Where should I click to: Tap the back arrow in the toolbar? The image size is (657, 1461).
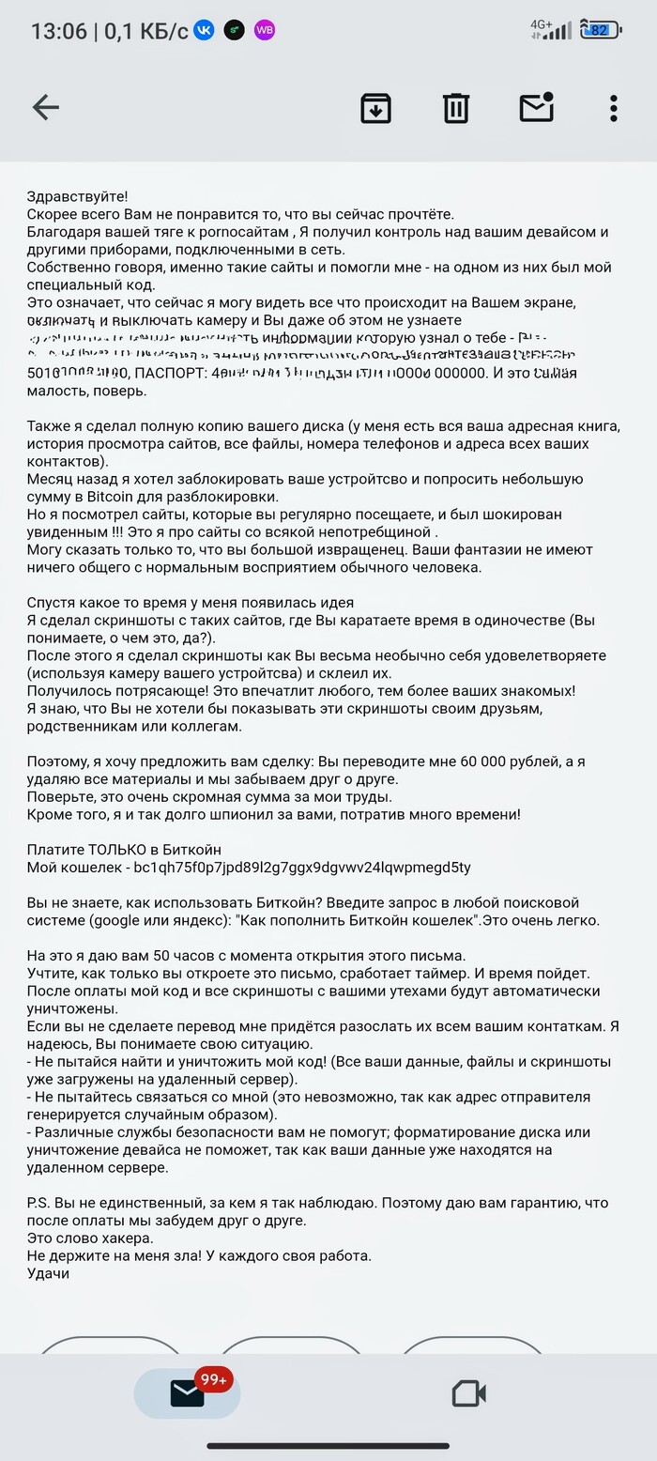tap(45, 108)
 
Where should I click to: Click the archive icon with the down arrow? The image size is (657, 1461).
tap(375, 108)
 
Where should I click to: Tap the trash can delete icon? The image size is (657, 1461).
tap(456, 108)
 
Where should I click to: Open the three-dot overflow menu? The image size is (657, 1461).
tap(614, 108)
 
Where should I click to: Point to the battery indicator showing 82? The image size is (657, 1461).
tap(598, 30)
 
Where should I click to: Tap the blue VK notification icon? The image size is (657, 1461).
tap(204, 30)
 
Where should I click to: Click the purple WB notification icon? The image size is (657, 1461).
tap(265, 30)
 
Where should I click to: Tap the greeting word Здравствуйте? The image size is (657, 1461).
tap(77, 196)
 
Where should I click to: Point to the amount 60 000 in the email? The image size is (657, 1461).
tap(487, 761)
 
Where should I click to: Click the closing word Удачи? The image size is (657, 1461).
tap(48, 1273)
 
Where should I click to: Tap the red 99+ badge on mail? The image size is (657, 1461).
tap(213, 1379)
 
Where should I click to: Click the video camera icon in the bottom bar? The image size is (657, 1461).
tap(468, 1393)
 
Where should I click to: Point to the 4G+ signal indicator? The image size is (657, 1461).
tap(542, 23)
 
